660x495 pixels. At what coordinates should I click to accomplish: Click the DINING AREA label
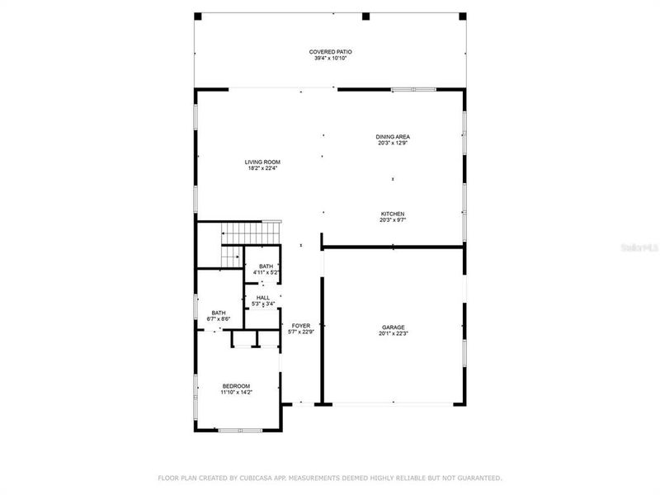[x=393, y=137]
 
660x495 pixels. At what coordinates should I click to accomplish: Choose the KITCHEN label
[x=393, y=214]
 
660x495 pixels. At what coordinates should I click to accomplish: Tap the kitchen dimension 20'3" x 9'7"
[x=393, y=220]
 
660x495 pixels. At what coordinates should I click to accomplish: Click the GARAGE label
[x=393, y=327]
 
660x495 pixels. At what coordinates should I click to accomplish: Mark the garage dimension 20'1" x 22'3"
[x=393, y=333]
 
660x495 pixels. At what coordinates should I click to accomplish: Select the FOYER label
[x=301, y=326]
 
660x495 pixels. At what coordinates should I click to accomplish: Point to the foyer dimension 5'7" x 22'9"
[x=301, y=332]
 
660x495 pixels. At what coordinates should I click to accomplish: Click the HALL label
[x=263, y=298]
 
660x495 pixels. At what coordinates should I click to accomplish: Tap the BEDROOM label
[x=236, y=386]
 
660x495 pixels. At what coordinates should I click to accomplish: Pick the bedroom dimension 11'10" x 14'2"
[x=236, y=393]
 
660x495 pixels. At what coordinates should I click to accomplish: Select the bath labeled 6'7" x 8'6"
[x=219, y=316]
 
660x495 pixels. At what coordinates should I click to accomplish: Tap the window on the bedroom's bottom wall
[x=239, y=429]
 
